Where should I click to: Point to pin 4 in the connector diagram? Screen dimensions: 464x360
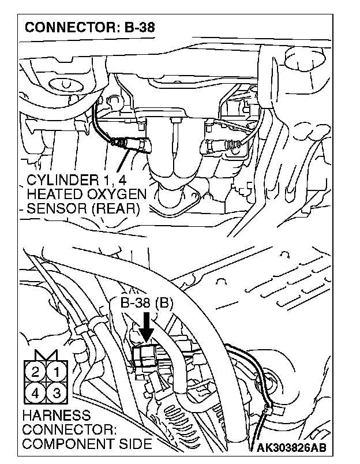pyautogui.click(x=35, y=394)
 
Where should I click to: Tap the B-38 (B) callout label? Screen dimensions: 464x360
pyautogui.click(x=147, y=302)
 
